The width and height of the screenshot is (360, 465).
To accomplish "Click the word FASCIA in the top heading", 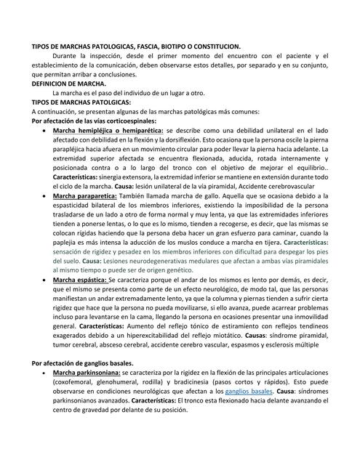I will [149, 46].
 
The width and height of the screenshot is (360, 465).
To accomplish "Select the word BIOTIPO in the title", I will [178, 46].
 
